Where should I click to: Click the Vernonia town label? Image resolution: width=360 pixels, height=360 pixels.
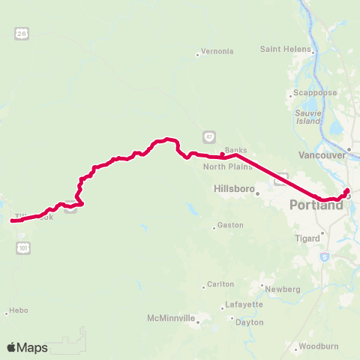(x=217, y=52)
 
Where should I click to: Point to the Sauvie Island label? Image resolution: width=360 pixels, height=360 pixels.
(x=308, y=117)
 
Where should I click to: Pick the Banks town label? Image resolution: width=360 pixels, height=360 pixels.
(x=235, y=150)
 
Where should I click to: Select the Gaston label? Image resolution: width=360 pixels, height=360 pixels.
(x=226, y=226)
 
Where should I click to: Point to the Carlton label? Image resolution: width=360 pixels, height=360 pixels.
(x=220, y=284)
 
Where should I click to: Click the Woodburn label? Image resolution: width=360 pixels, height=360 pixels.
(x=314, y=346)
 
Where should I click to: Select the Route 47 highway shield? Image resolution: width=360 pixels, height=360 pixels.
(x=208, y=136)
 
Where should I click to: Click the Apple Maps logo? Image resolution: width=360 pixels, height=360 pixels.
(x=27, y=347)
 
